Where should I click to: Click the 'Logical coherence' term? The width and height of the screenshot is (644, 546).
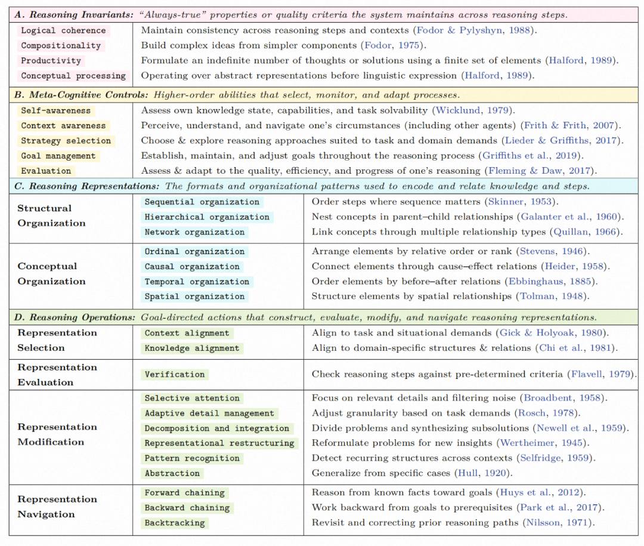coord(63,30)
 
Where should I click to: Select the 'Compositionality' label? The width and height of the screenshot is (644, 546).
coord(61,45)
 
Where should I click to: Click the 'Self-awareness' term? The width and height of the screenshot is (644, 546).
coord(55,110)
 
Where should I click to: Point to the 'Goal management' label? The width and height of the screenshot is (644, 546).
coord(58,156)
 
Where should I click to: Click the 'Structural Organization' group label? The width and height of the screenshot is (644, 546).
coord(51,215)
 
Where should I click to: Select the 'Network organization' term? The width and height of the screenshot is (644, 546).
coord(194,232)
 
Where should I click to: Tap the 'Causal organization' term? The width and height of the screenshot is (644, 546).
coord(192,267)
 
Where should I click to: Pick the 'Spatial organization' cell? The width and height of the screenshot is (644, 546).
coord(194,297)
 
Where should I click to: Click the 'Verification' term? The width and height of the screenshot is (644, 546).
coord(175,374)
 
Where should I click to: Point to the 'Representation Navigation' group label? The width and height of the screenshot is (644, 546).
coord(57,507)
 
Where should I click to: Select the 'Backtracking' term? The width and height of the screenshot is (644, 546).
coord(175,523)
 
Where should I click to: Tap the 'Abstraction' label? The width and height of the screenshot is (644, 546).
coord(172,473)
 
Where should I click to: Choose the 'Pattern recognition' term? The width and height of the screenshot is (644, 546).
coord(192,458)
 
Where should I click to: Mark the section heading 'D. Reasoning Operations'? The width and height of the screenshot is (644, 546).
coord(75,317)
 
